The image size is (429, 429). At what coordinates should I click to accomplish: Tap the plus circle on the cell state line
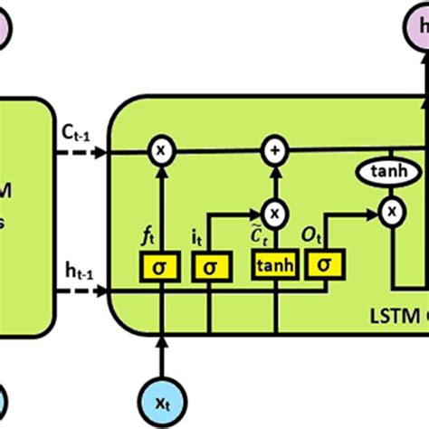[272, 152]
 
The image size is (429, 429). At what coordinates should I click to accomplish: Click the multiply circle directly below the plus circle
[272, 212]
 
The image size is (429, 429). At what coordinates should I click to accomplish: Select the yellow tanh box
[272, 266]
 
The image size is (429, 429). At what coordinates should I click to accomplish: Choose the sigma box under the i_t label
[210, 266]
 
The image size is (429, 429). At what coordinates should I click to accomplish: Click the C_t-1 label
[75, 131]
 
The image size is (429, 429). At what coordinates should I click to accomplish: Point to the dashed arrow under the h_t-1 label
[80, 291]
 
